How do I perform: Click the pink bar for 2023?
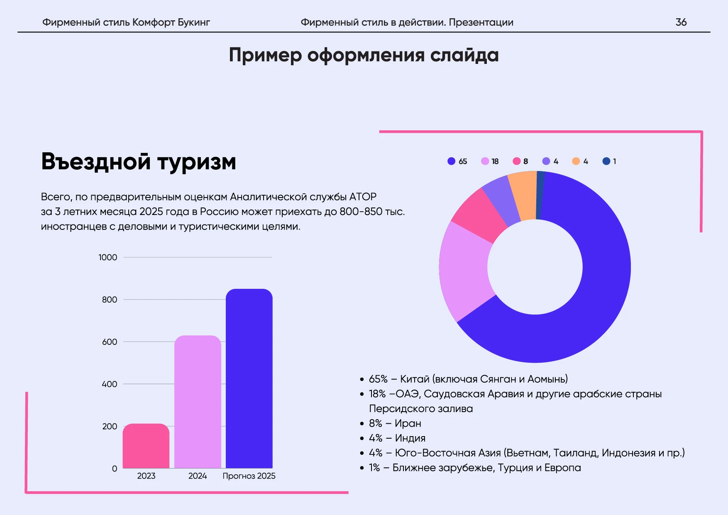146,446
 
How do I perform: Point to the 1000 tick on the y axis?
108,257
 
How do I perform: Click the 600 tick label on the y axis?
110,342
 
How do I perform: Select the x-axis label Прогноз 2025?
249,476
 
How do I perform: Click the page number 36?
681,22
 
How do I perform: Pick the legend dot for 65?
452,161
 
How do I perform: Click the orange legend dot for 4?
576,161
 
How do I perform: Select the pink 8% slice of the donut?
479,216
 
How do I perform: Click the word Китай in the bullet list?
414,379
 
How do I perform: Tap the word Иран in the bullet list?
408,423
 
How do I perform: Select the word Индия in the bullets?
410,438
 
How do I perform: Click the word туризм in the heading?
197,162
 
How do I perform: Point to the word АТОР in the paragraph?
363,197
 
